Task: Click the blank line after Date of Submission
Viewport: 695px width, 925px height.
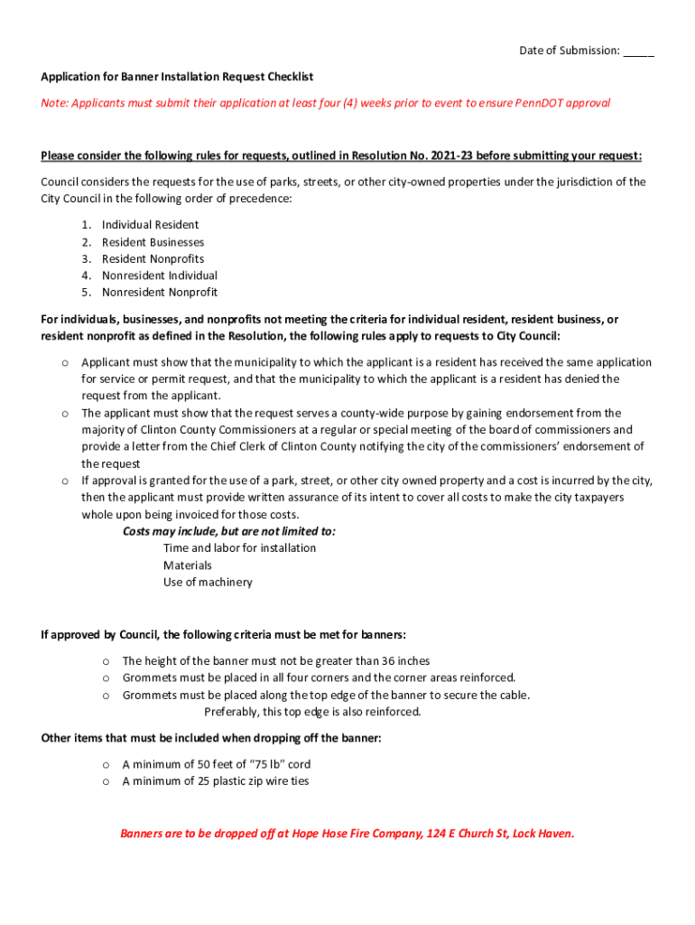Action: coord(638,51)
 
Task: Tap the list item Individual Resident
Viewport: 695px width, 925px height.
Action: coord(150,225)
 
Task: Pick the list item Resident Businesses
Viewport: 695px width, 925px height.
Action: coord(153,242)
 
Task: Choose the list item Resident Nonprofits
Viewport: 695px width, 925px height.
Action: coord(153,259)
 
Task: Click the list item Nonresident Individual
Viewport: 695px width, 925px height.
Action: coord(159,276)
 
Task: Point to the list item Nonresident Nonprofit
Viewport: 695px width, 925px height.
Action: coord(159,293)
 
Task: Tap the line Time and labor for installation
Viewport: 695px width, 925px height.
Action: coord(239,548)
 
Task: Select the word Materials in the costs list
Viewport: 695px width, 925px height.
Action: coord(187,565)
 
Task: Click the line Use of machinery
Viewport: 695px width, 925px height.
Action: coord(208,583)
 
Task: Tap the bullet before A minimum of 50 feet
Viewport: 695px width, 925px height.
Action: coord(106,764)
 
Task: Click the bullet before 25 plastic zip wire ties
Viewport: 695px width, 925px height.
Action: coord(106,781)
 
